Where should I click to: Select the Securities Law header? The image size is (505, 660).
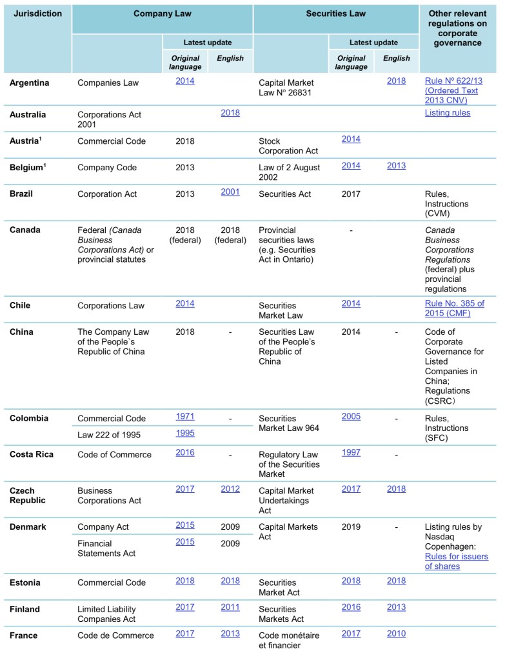point(335,13)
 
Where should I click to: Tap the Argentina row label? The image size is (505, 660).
point(29,83)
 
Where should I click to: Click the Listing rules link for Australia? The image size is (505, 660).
point(448,113)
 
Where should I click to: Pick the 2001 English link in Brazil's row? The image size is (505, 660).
point(230,192)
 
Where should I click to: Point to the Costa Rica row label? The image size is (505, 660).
point(31,454)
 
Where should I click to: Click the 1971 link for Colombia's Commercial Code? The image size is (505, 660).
point(185,417)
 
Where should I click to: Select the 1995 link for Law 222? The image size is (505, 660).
point(185,433)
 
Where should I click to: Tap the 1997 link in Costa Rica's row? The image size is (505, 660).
point(351,453)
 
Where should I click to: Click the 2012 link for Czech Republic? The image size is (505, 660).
point(230,489)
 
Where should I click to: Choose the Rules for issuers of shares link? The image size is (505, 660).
point(456,561)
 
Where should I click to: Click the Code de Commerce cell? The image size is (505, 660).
point(115,635)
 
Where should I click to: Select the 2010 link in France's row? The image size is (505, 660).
point(397,634)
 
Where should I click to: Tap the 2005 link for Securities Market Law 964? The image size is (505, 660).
point(351,417)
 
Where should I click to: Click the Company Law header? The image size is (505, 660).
point(162,13)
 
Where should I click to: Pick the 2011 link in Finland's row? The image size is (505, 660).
point(230,607)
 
